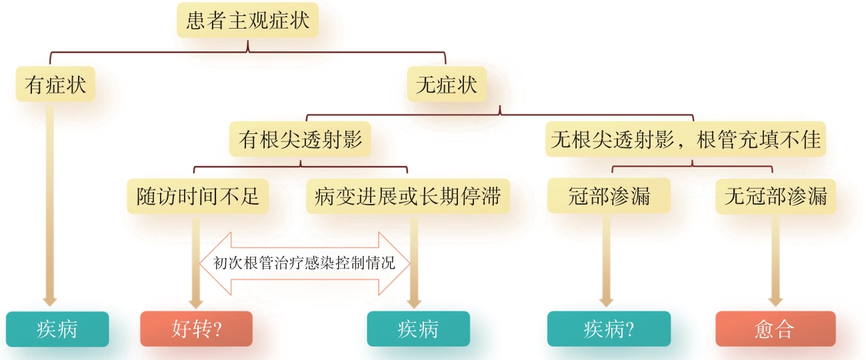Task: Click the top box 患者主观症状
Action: pos(247,21)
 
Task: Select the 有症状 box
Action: pos(55,85)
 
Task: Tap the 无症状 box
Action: pos(446,85)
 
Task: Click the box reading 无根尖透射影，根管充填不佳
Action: pos(685,140)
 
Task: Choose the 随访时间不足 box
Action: pos(198,197)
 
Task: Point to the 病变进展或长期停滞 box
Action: pos(407,197)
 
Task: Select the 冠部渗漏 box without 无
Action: pos(609,197)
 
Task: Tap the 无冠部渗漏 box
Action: pos(775,197)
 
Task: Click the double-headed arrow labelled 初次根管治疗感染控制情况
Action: pos(304,263)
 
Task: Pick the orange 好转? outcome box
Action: pos(196,329)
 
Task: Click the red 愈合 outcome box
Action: pos(775,329)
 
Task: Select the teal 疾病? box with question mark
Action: pos(607,329)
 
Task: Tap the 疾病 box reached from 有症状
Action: pos(57,329)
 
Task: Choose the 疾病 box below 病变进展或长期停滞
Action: pos(418,329)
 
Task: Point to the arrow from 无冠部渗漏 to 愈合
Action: pos(775,260)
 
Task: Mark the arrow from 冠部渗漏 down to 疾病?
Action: pos(606,260)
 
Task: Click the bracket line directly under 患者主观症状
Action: pos(247,51)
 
